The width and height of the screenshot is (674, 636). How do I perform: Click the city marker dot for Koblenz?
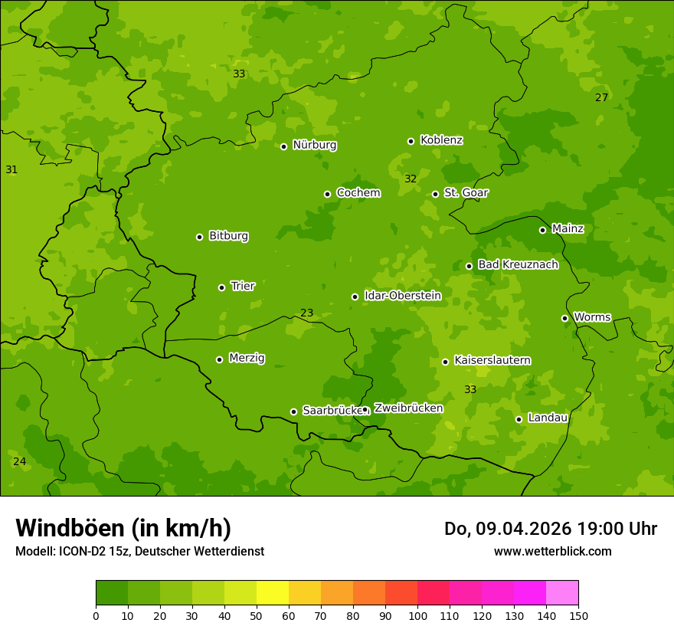(x=411, y=141)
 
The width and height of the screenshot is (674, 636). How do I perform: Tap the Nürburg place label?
(x=314, y=145)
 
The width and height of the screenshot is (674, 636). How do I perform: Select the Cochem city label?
(x=358, y=192)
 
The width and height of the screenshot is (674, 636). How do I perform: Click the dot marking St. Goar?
(x=436, y=194)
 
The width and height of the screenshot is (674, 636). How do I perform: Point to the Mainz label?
(x=568, y=228)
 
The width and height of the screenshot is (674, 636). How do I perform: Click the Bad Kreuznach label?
(x=518, y=264)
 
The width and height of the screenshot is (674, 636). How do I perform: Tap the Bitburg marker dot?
(x=200, y=237)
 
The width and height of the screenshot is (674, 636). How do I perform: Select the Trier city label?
(x=242, y=286)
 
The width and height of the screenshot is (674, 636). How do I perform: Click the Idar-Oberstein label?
(x=402, y=295)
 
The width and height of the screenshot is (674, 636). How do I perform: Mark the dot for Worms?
(x=565, y=318)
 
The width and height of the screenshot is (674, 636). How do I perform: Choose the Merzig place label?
(x=247, y=358)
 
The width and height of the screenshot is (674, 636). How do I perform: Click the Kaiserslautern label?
(x=492, y=360)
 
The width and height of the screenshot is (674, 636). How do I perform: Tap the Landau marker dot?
(x=519, y=419)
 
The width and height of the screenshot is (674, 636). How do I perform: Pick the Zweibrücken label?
(x=408, y=408)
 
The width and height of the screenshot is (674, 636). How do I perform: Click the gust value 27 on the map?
(x=602, y=97)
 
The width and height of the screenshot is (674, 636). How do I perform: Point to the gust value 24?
(x=19, y=461)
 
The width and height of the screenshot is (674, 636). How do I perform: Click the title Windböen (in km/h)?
(x=123, y=528)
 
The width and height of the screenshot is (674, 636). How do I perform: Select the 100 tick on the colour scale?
(x=417, y=615)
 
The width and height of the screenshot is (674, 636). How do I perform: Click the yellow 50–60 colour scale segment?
(x=273, y=593)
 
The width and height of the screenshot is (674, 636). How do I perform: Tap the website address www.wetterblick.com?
(x=552, y=551)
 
